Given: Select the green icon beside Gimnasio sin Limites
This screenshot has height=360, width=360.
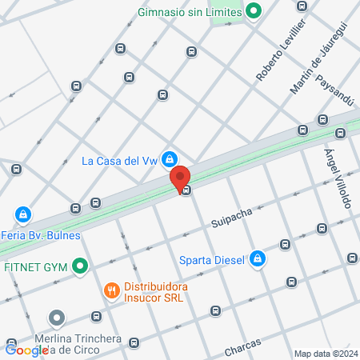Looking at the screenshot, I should tap(254, 11).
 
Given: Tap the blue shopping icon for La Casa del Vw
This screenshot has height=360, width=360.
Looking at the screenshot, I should tap(170, 159).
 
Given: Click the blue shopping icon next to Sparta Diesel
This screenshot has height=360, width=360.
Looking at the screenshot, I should tap(258, 258).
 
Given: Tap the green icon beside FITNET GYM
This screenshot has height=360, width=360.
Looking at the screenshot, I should tap(79, 266).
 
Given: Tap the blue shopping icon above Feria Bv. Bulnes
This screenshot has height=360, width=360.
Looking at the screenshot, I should tap(24, 215).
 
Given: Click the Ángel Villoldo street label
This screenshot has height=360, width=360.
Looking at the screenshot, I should tap(338, 178).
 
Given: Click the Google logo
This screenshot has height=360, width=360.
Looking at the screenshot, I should tap(26, 350).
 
